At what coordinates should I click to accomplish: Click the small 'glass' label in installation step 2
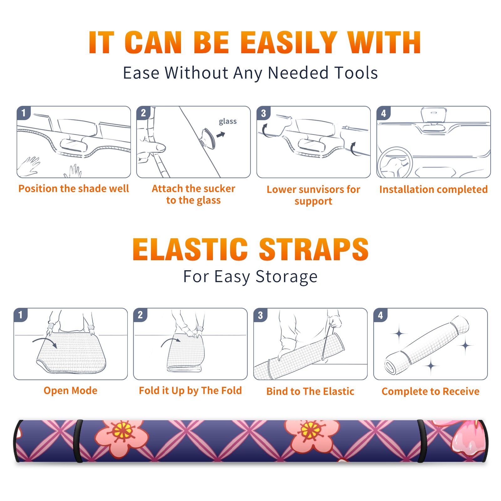[x=228, y=121]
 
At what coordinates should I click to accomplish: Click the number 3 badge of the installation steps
[x=263, y=113]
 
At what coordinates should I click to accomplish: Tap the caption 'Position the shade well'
[x=74, y=189]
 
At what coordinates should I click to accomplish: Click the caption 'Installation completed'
[x=433, y=189]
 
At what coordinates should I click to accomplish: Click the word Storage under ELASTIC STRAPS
[x=287, y=277]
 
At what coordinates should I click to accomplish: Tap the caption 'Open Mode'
[x=70, y=390]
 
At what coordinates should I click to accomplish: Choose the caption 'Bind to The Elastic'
[x=310, y=391]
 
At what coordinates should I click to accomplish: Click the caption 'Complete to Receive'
[x=431, y=391]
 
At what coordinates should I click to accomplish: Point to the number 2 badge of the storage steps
[x=140, y=315]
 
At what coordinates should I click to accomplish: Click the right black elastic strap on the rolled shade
[x=422, y=441]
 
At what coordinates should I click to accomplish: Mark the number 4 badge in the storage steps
[x=380, y=315]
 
